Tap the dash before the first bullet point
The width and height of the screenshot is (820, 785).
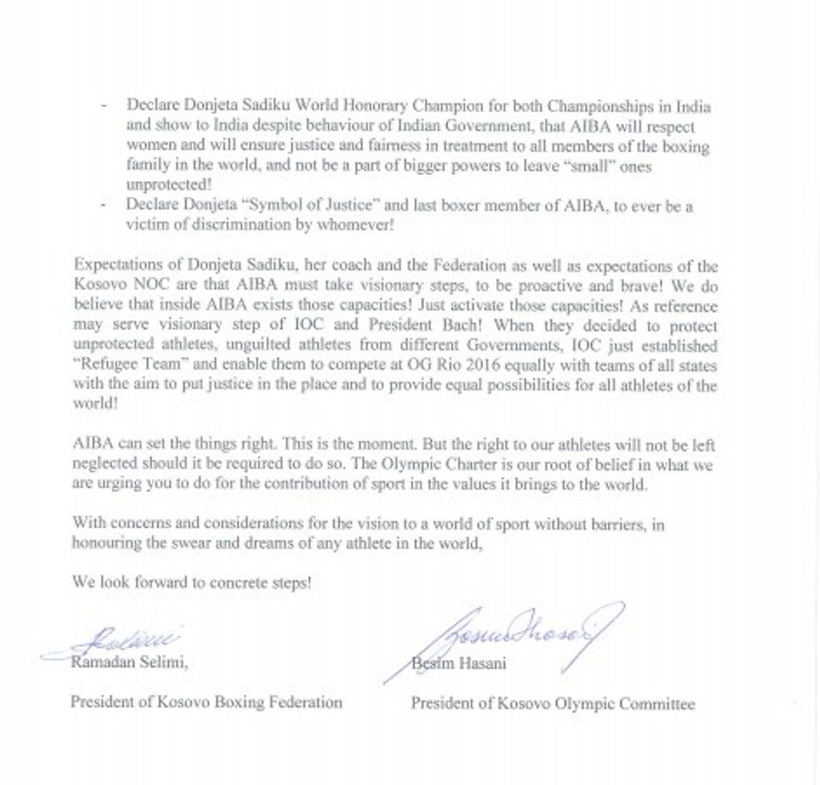pyautogui.click(x=104, y=107)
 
